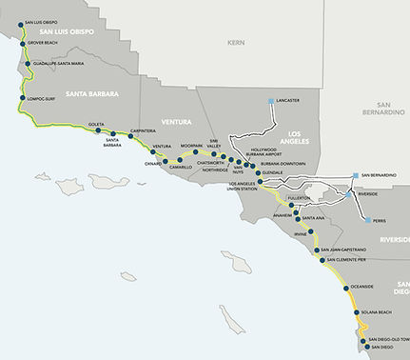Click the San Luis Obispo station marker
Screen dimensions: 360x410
21,21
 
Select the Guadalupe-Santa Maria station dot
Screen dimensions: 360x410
26,64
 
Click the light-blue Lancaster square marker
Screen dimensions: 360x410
272,100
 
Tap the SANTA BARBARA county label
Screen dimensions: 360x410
88,93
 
